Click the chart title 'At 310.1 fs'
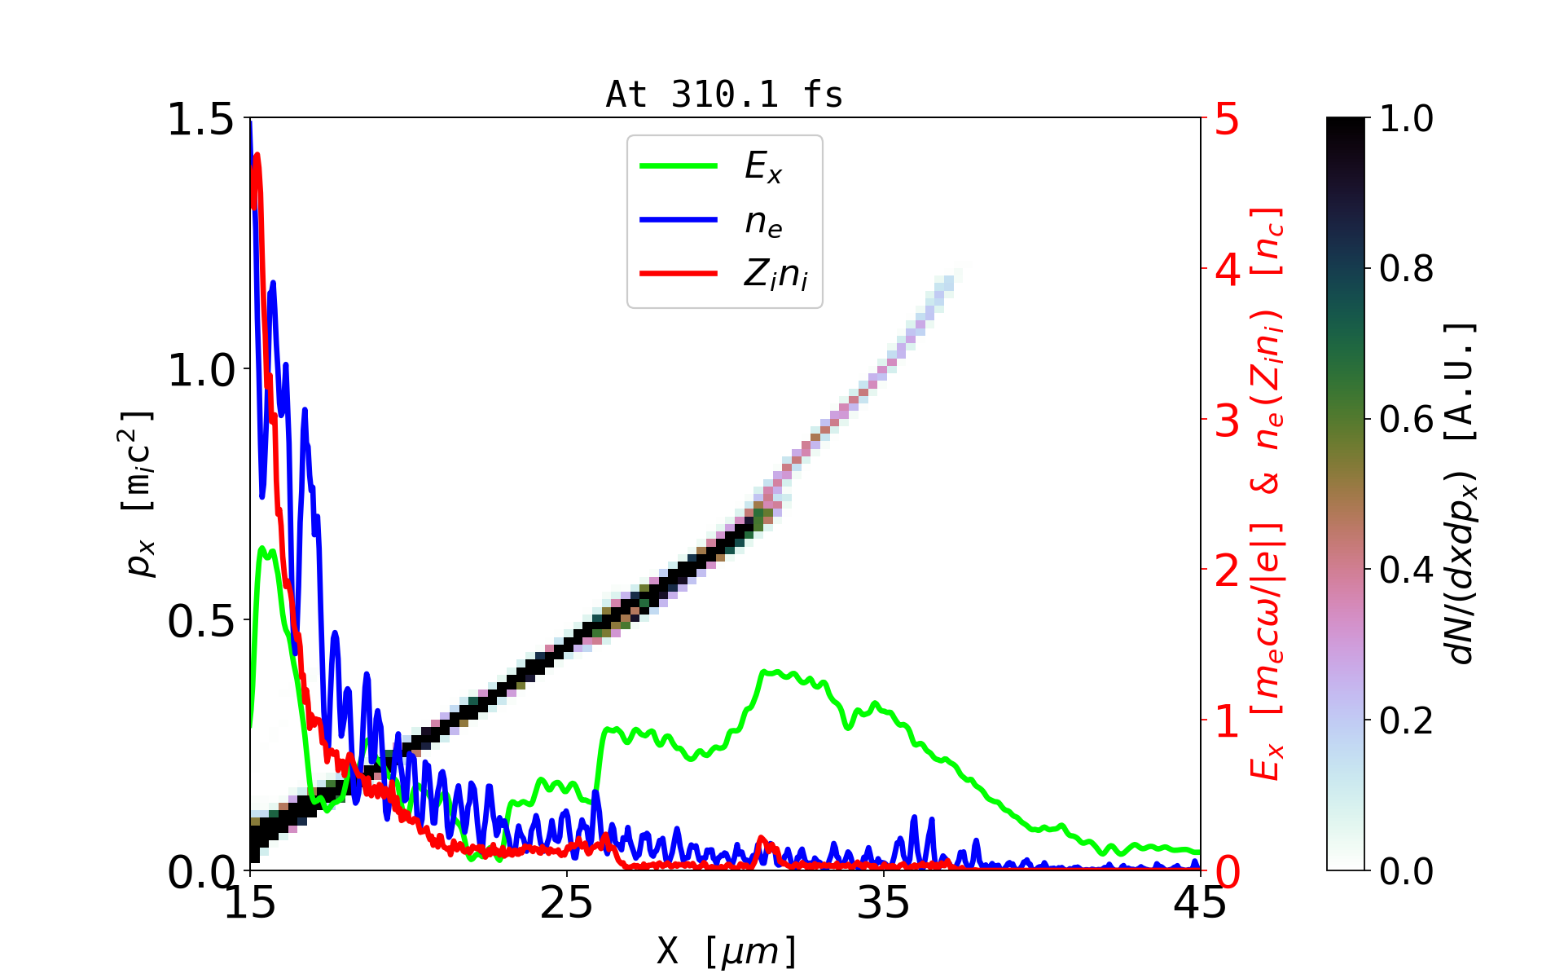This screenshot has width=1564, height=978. pyautogui.click(x=724, y=95)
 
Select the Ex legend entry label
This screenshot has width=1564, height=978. pyautogui.click(x=763, y=167)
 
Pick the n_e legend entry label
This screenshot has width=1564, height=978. pyautogui.click(x=763, y=222)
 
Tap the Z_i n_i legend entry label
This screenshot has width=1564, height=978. pyautogui.click(x=775, y=275)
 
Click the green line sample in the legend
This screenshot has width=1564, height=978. pyautogui.click(x=679, y=166)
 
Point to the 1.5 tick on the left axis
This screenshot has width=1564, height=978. pyautogui.click(x=200, y=119)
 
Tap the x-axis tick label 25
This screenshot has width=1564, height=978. pyautogui.click(x=567, y=903)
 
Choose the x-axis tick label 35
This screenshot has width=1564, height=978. pyautogui.click(x=884, y=903)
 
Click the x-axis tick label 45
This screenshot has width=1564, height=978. pyautogui.click(x=1201, y=903)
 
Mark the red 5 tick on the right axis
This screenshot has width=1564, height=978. pyautogui.click(x=1228, y=119)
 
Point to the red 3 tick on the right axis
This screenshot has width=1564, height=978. pyautogui.click(x=1228, y=421)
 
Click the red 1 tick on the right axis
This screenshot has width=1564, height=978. pyautogui.click(x=1228, y=722)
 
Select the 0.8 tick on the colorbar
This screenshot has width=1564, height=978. pyautogui.click(x=1407, y=269)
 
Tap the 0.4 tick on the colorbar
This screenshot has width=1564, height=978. pyautogui.click(x=1407, y=570)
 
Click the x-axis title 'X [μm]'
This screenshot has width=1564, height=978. pyautogui.click(x=727, y=950)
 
